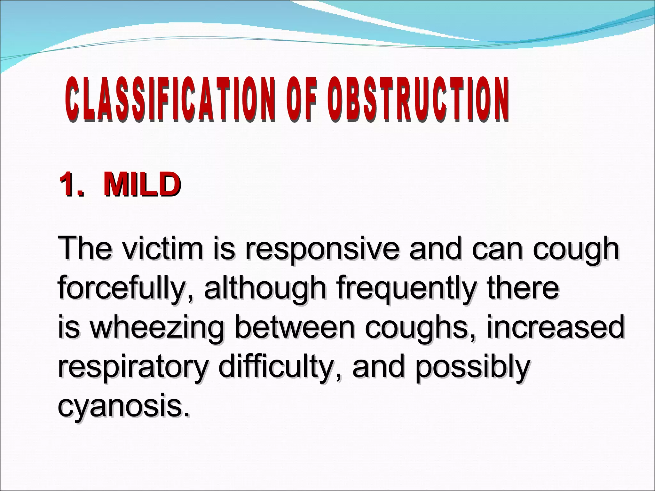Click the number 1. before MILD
pyautogui.click(x=72, y=185)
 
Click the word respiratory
pyautogui.click(x=133, y=368)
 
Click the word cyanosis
pyautogui.click(x=123, y=407)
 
